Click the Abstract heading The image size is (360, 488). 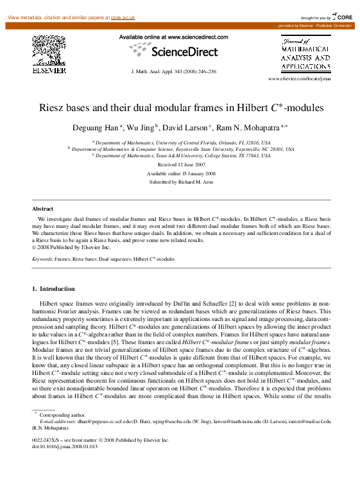pyautogui.click(x=43, y=209)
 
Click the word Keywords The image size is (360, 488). pyautogui.click(x=42, y=259)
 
